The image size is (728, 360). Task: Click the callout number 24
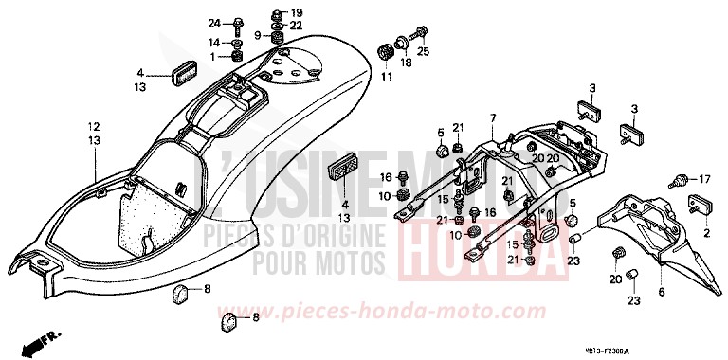tap(213, 23)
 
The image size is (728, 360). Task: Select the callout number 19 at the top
tap(296, 13)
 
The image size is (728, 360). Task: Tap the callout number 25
tap(424, 51)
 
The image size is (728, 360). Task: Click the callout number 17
tap(704, 179)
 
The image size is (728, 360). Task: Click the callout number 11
tap(386, 76)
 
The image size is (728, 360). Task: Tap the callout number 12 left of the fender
tap(94, 126)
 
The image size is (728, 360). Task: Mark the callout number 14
tap(213, 43)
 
